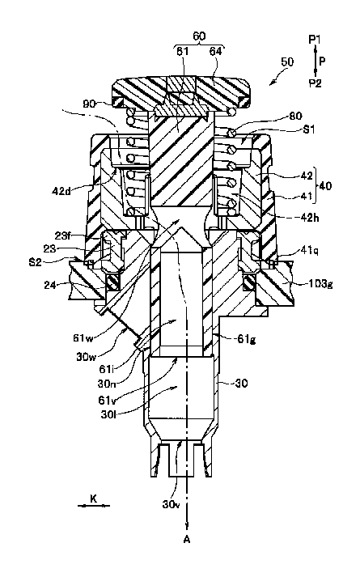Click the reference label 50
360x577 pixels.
[x=287, y=62]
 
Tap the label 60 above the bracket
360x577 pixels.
[x=199, y=36]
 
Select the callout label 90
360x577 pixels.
[x=89, y=104]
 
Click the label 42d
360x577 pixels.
[x=61, y=191]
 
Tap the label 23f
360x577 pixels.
[x=63, y=235]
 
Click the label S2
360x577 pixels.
[x=36, y=262]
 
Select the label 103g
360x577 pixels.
[x=320, y=284]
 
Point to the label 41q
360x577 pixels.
[x=309, y=251]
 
